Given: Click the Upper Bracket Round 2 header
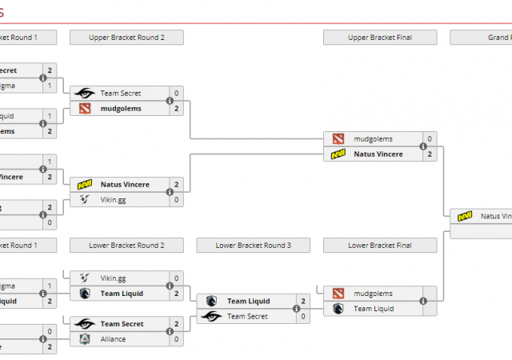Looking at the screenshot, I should (126, 37).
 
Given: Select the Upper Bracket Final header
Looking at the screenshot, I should (380, 37).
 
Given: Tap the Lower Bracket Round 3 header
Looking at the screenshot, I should (253, 246).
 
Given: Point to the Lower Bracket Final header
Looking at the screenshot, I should (380, 246).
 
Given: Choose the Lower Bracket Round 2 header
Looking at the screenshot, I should (126, 246).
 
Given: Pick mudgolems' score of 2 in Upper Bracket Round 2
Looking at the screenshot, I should (176, 108).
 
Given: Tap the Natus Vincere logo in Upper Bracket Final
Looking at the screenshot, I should (338, 154).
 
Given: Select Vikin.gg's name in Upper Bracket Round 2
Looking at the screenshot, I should (113, 199).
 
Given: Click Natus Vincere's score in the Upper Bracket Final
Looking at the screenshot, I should (430, 154).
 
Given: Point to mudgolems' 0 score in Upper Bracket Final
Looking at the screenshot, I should (430, 138).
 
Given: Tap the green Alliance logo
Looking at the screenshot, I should (85, 339).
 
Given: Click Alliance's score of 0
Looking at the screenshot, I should (176, 339).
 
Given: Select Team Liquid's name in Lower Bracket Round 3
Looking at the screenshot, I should (247, 301).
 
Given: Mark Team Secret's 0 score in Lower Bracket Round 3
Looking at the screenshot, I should (303, 316).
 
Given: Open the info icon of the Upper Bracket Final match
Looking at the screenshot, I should (423, 146).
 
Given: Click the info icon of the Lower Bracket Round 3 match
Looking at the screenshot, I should (297, 309).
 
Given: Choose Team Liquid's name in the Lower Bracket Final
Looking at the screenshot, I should (374, 308).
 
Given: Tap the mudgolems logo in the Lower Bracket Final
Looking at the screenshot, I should (338, 294).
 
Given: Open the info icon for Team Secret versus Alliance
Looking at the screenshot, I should (170, 332).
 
